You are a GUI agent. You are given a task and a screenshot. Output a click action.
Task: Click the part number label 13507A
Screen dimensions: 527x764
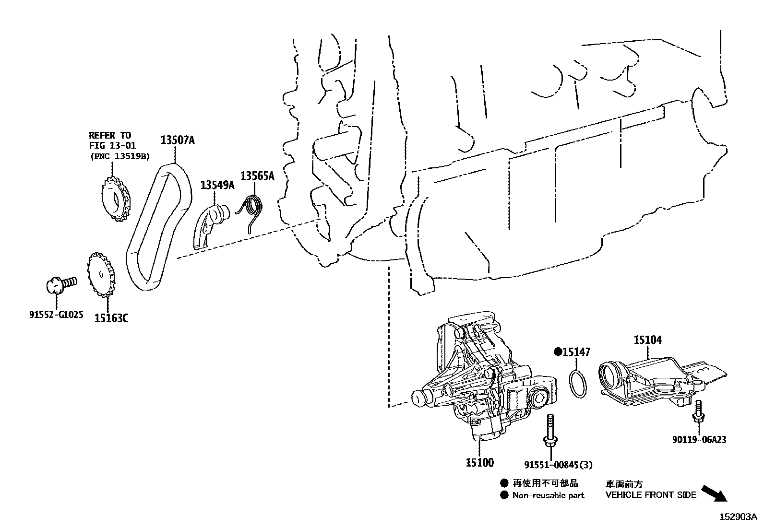[177, 140]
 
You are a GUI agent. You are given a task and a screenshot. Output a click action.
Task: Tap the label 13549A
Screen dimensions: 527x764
[217, 185]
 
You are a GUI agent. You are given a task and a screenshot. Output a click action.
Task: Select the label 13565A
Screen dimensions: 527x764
[257, 176]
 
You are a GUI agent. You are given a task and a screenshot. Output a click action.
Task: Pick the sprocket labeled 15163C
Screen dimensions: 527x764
[102, 274]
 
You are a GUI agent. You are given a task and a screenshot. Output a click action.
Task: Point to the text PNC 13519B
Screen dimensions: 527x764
[119, 155]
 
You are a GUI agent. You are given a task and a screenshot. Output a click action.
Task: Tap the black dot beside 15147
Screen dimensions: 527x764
[558, 352]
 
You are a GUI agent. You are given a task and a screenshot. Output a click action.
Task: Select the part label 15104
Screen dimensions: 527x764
[647, 340]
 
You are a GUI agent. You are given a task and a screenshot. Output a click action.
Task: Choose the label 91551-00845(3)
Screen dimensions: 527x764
[558, 464]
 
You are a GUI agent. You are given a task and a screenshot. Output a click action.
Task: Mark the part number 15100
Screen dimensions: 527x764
[479, 463]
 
